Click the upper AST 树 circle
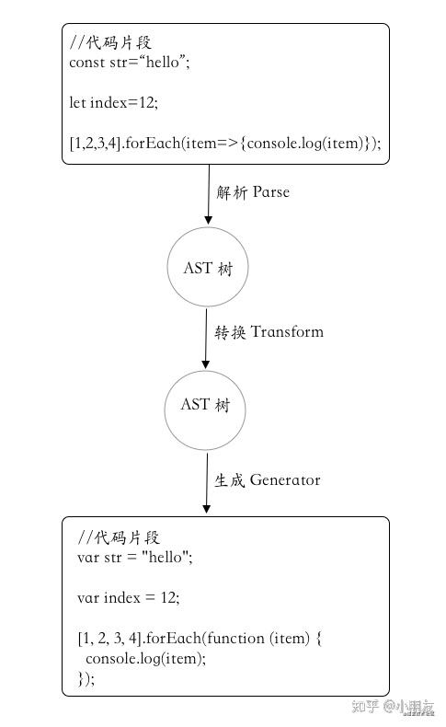(208, 268)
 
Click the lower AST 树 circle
(207, 405)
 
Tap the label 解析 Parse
(253, 192)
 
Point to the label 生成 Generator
(268, 479)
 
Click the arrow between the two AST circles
(206, 337)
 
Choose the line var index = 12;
(129, 597)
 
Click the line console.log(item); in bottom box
(145, 658)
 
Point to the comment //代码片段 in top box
(109, 41)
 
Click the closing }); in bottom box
(86, 678)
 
